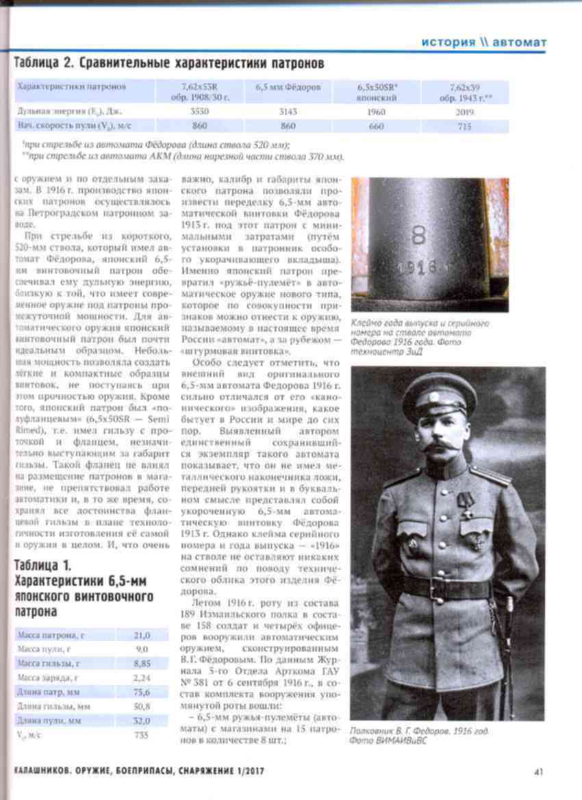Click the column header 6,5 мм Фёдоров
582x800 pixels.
[288, 88]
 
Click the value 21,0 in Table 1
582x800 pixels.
[142, 635]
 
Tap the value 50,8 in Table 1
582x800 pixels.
[142, 706]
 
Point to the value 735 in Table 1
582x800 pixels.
[142, 735]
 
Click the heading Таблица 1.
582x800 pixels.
[42, 566]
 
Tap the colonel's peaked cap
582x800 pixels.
[438, 394]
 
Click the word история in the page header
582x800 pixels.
[448, 42]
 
